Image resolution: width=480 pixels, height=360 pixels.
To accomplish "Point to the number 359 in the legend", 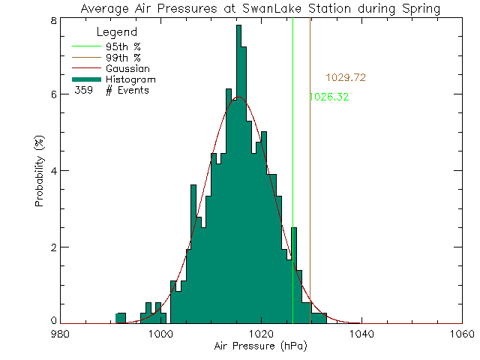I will tap(84, 91).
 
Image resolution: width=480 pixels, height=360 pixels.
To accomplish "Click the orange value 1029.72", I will tap(345, 77).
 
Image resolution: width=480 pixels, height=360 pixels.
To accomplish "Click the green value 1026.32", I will tap(328, 97).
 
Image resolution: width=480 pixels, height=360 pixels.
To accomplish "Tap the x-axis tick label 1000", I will tap(160, 334).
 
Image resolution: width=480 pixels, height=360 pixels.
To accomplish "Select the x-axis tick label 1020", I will tap(261, 334).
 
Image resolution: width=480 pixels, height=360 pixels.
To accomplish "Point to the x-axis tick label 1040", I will tap(361, 334).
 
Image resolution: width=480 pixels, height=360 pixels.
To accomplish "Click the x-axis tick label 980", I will tap(61, 334).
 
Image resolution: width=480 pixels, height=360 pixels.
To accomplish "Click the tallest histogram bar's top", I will tap(238, 26).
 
